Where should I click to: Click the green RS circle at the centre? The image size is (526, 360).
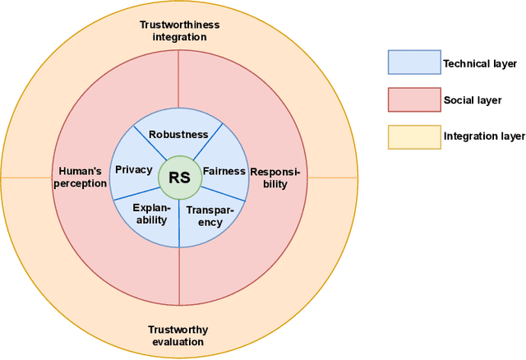click(179, 178)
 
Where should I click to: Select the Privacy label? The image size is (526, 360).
click(133, 169)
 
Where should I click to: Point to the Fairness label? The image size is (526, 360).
click(224, 172)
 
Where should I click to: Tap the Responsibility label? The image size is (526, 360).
click(276, 178)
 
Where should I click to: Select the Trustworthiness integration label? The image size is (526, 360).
click(178, 31)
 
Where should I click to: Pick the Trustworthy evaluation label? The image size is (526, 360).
click(178, 335)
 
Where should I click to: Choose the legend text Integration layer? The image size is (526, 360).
click(483, 136)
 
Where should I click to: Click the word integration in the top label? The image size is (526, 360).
click(178, 37)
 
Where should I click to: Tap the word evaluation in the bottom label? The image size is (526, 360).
click(178, 341)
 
